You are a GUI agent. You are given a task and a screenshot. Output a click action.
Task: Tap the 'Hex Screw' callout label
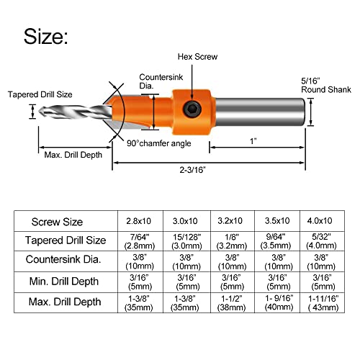click(x=198, y=57)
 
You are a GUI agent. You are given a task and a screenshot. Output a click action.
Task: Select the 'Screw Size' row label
click(x=57, y=222)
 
